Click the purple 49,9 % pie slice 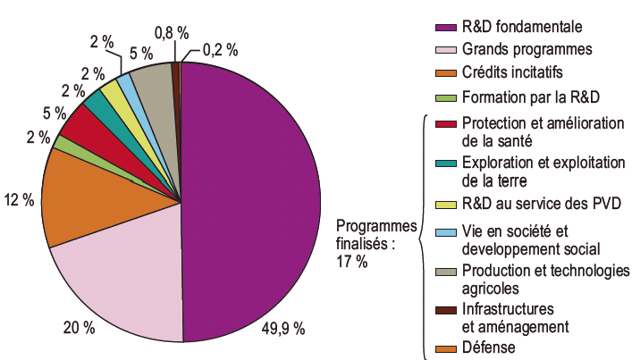point(255,201)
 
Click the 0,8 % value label point(172,32)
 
